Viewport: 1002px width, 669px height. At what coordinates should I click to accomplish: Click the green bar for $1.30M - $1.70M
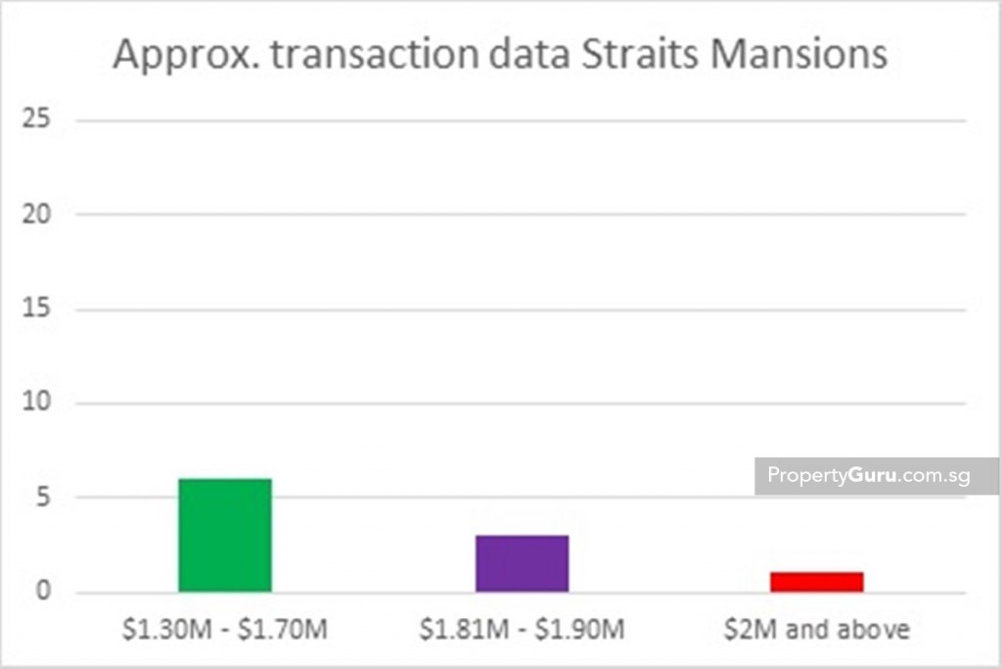pyautogui.click(x=225, y=535)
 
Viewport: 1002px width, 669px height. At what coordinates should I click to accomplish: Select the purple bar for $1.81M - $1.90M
pyautogui.click(x=522, y=563)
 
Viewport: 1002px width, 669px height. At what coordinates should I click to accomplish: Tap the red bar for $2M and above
pyautogui.click(x=816, y=582)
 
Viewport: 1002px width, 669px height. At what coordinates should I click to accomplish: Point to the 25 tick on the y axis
pyautogui.click(x=39, y=120)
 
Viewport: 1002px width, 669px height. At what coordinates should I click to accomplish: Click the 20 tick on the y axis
pyautogui.click(x=39, y=215)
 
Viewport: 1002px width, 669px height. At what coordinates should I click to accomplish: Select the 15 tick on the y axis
pyautogui.click(x=39, y=310)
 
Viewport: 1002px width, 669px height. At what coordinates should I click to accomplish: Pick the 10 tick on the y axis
pyautogui.click(x=39, y=404)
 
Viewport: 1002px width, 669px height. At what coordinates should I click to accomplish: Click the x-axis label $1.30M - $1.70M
pyautogui.click(x=225, y=628)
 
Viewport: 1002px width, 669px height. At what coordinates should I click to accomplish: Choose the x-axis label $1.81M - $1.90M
pyautogui.click(x=522, y=628)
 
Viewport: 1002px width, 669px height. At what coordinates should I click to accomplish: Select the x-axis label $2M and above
pyautogui.click(x=816, y=628)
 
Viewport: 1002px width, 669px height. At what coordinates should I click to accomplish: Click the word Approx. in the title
pyautogui.click(x=183, y=55)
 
